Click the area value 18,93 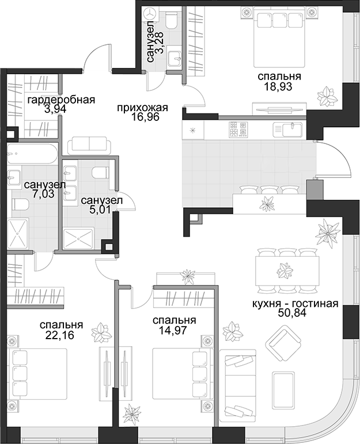click(x=278, y=86)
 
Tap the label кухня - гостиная click(x=295, y=303)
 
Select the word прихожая click(x=142, y=108)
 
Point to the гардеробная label click(x=61, y=100)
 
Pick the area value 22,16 click(x=59, y=335)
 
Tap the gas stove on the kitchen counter click(x=238, y=130)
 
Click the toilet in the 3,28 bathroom click(x=171, y=18)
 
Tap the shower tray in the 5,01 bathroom click(x=78, y=239)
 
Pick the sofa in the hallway click(x=89, y=145)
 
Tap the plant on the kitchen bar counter click(x=267, y=203)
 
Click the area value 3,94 click(x=55, y=109)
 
